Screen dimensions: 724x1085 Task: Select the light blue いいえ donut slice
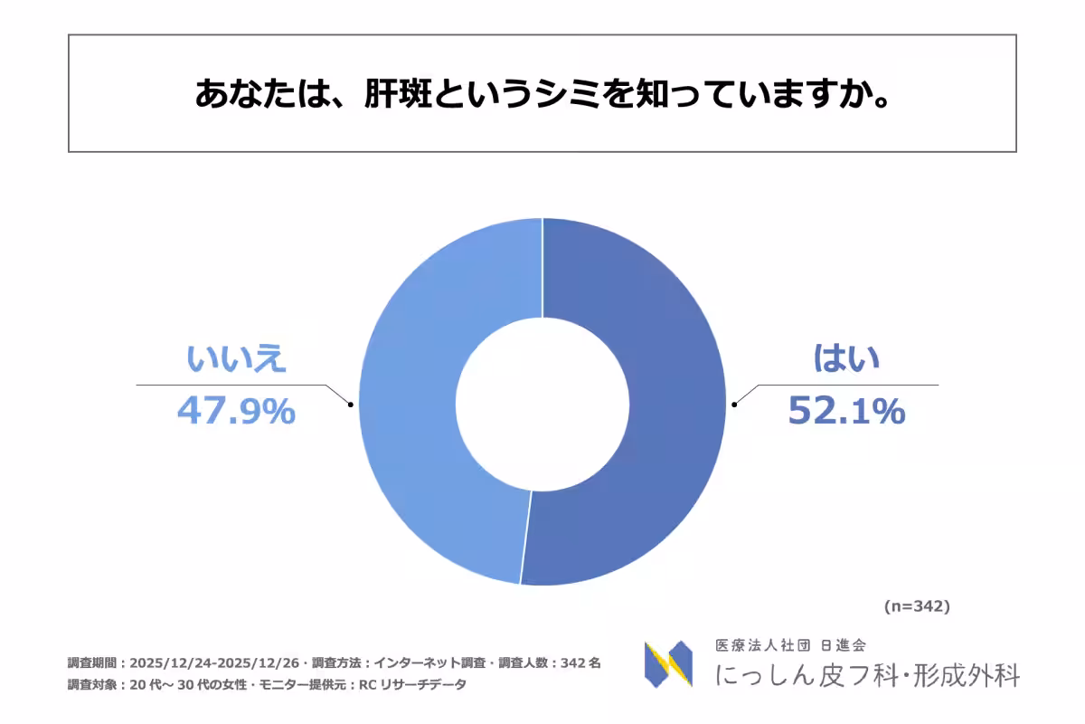411,407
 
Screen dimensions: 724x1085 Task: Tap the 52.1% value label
846,412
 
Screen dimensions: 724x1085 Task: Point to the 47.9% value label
236,412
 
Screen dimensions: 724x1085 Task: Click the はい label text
846,360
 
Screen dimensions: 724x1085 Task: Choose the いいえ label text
236,360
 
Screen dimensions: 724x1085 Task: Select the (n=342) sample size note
916,606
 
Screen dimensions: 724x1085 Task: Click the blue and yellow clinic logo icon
668,664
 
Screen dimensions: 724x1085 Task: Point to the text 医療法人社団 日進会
791,646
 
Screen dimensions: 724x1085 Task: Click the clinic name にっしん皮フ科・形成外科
867,675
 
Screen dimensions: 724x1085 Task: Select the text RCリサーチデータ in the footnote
415,684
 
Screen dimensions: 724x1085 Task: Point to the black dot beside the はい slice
734,405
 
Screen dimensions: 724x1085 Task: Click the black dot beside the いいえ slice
350,405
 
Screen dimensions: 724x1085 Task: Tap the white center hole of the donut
542,403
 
